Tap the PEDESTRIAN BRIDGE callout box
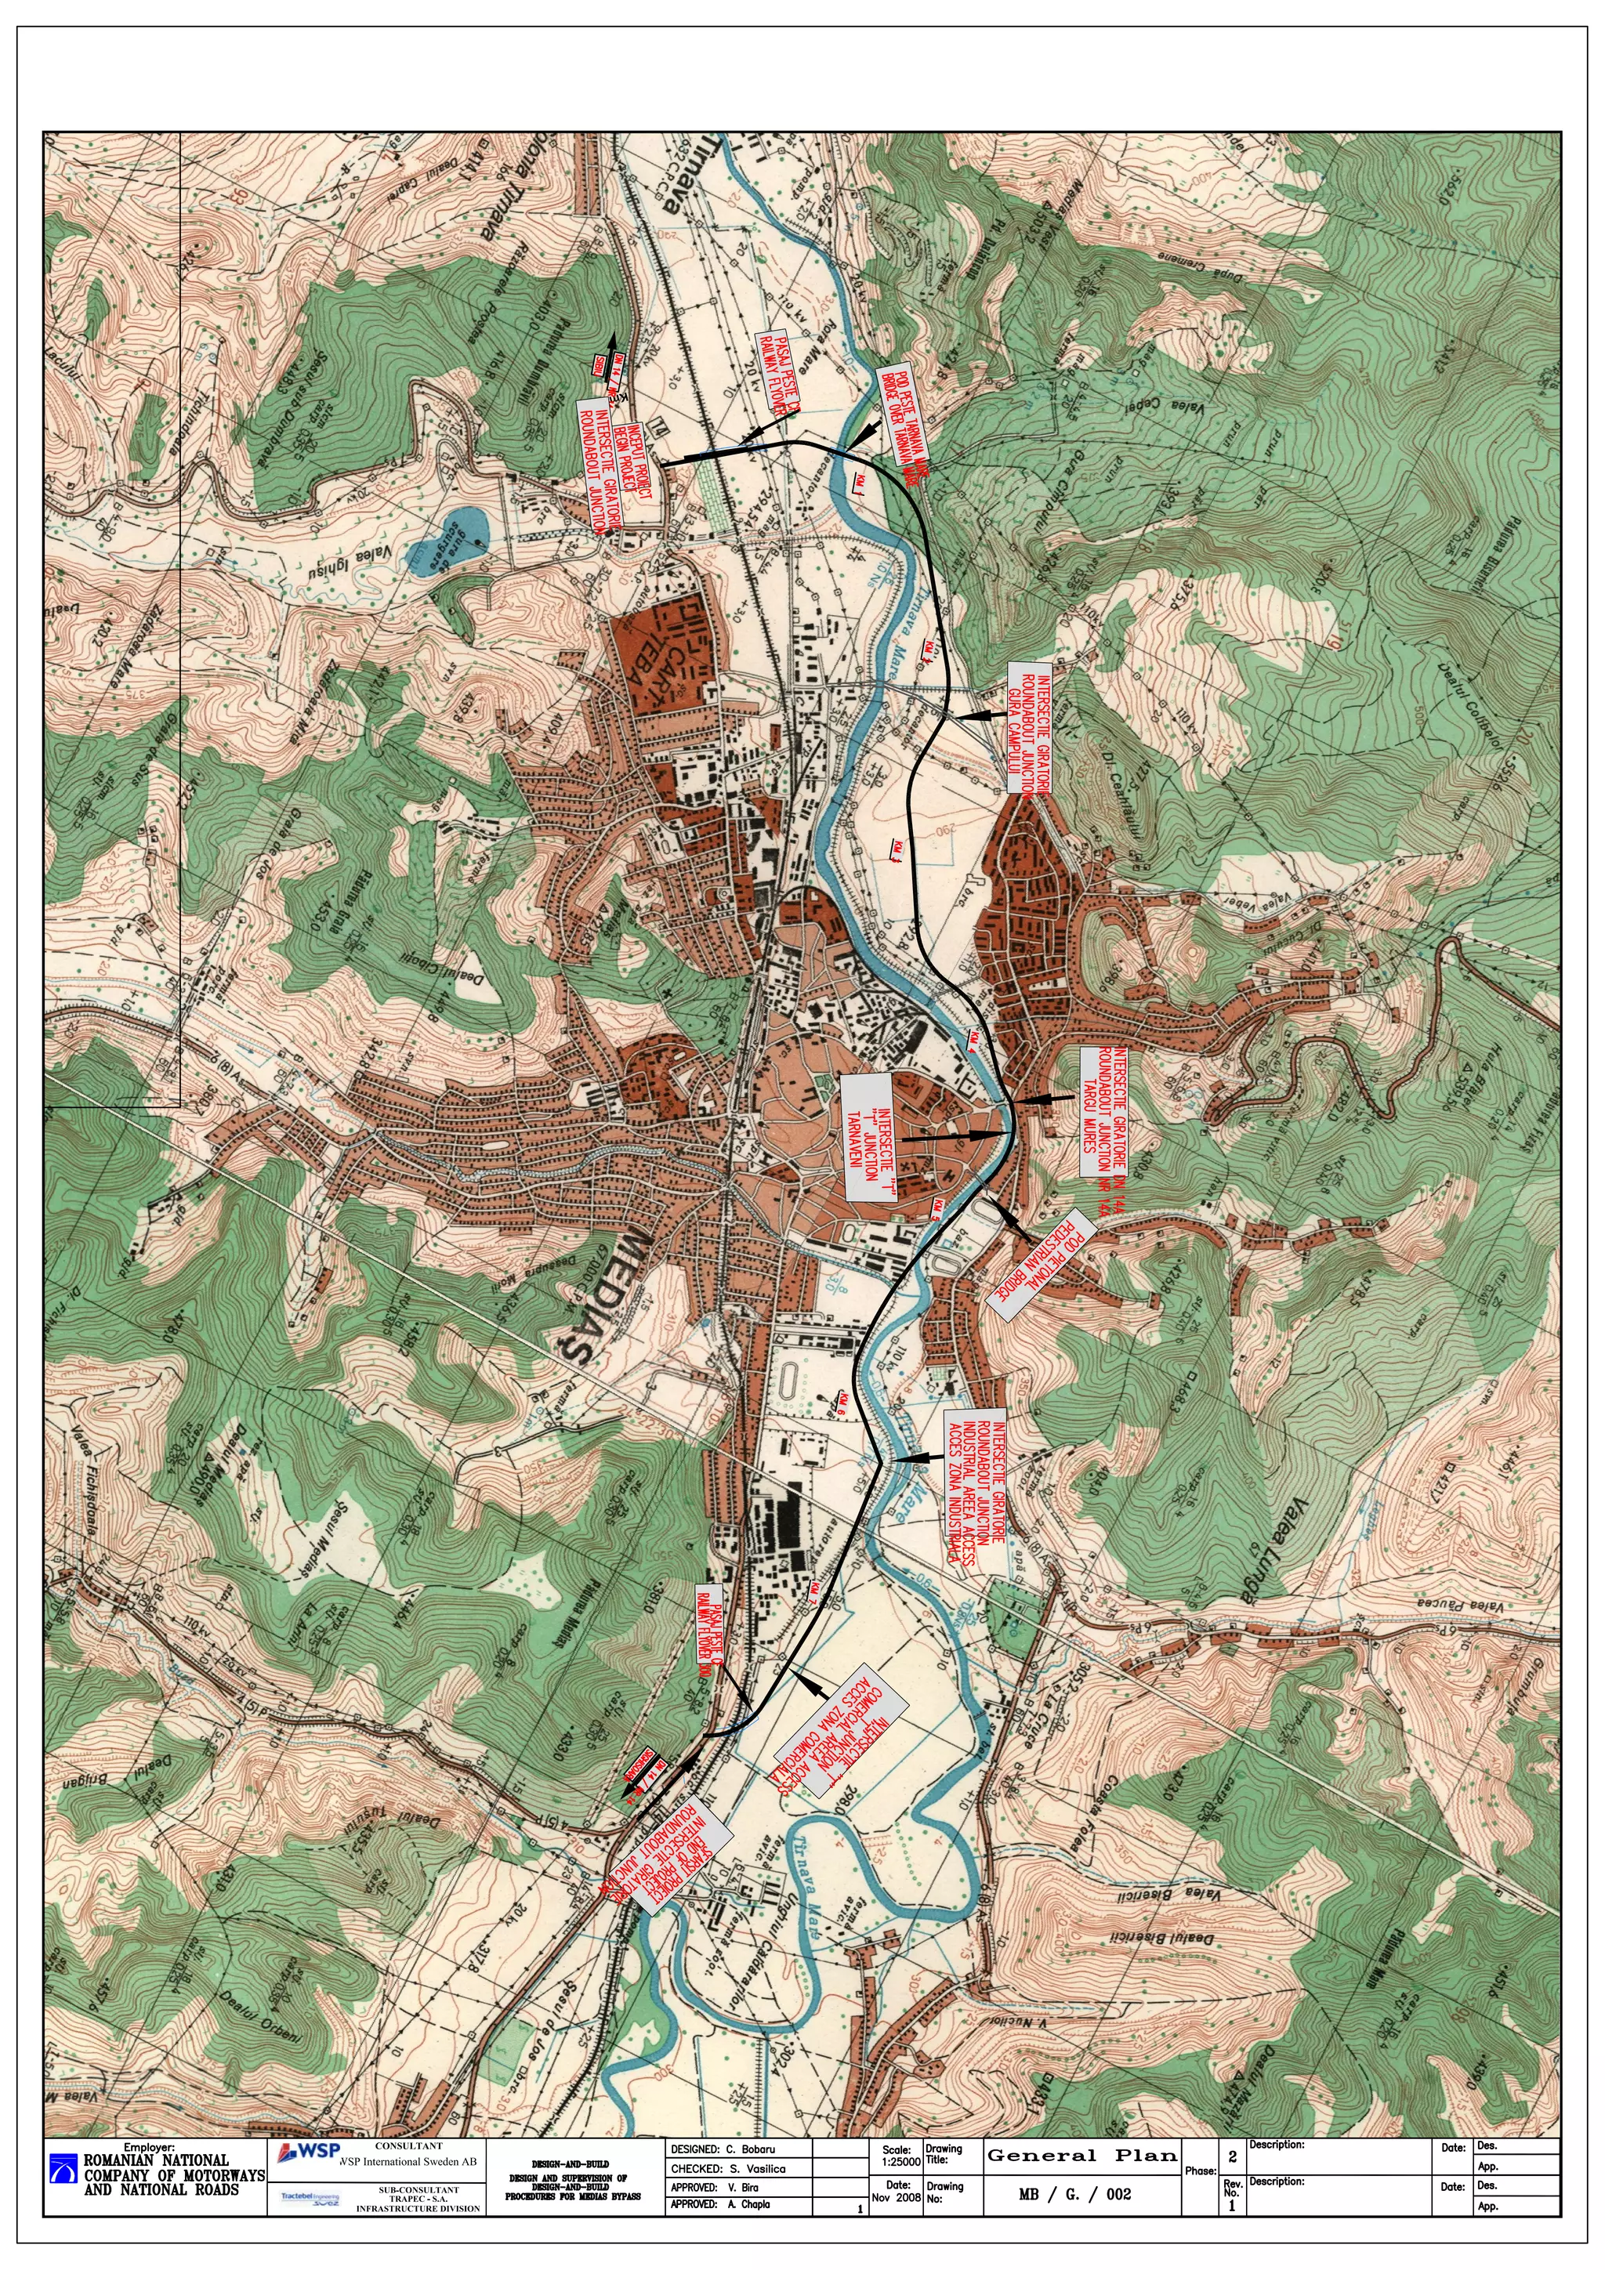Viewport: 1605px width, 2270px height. (1042, 1265)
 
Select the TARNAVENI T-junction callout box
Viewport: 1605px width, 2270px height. (866, 1138)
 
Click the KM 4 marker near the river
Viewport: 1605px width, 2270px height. (973, 1040)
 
